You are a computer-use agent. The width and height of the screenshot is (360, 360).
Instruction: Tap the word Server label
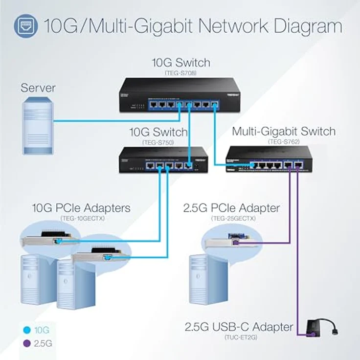click(38, 89)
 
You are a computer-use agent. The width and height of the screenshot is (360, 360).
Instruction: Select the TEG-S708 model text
click(181, 73)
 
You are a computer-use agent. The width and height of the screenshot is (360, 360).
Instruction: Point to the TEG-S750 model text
click(157, 142)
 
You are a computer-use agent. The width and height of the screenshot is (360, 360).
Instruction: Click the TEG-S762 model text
click(283, 142)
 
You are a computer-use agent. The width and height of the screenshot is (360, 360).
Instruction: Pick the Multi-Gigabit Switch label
click(283, 131)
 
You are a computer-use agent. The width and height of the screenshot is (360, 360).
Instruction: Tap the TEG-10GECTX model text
click(81, 218)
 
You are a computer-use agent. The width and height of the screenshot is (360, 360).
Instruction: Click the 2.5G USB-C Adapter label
click(238, 327)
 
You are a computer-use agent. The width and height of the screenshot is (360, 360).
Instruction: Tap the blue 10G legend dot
click(27, 330)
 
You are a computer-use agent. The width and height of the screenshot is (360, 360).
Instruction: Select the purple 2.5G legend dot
click(27, 343)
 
